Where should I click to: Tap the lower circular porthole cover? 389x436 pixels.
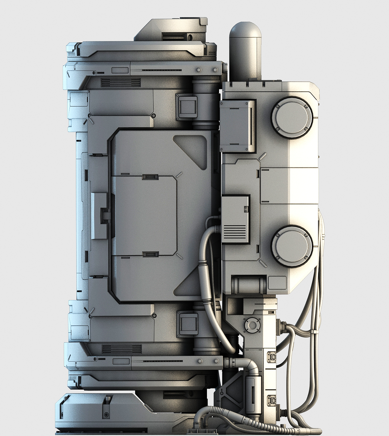click(x=292, y=246)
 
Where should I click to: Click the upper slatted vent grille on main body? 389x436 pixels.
click(x=121, y=83)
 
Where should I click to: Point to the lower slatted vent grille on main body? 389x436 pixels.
click(x=122, y=349)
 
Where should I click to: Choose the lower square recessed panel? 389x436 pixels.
click(x=187, y=323)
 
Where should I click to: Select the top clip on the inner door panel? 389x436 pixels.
click(x=150, y=177)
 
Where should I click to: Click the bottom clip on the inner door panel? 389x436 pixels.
click(x=150, y=254)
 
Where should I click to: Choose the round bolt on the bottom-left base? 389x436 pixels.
click(x=107, y=415)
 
